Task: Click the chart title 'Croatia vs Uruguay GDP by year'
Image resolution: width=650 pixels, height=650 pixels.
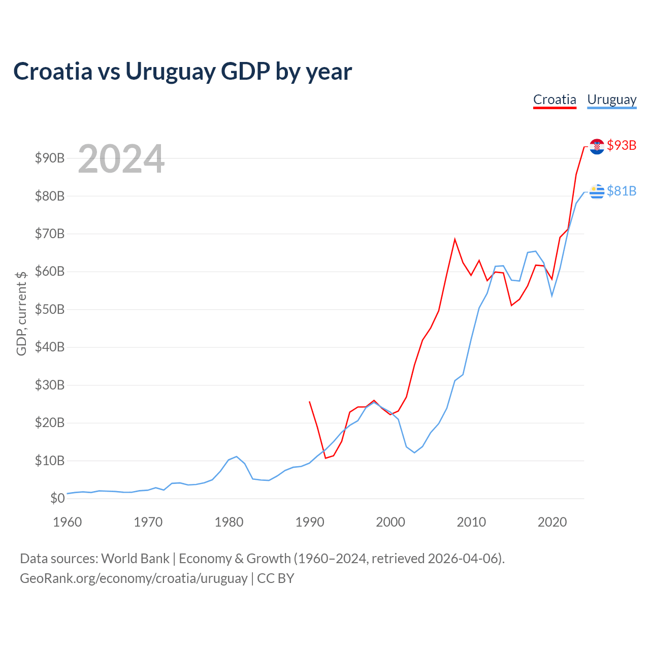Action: click(x=182, y=71)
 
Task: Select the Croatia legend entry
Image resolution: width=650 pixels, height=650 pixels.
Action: click(x=555, y=100)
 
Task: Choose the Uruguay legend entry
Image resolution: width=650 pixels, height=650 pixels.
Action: click(x=611, y=100)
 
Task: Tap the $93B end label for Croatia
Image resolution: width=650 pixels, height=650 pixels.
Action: click(x=622, y=145)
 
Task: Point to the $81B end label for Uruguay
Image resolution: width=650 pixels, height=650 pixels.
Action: click(x=622, y=191)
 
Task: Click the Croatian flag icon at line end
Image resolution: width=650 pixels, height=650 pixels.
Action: click(x=597, y=146)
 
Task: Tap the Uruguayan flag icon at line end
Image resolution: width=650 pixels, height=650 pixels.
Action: click(x=597, y=192)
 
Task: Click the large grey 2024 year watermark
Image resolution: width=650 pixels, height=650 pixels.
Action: click(x=121, y=159)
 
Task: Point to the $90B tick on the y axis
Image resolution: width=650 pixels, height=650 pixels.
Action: click(x=50, y=158)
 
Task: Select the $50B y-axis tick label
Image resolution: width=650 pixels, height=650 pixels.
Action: click(x=50, y=309)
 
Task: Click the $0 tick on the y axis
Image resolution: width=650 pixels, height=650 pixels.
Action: click(x=57, y=498)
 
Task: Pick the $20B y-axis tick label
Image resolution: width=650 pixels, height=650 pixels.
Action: click(x=50, y=422)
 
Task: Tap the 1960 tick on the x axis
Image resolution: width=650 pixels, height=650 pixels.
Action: click(x=68, y=522)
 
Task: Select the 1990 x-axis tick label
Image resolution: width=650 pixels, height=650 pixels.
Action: click(x=310, y=522)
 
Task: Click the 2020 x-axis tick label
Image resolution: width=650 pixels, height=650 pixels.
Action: click(x=552, y=522)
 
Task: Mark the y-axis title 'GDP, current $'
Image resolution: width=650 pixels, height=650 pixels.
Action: click(x=21, y=313)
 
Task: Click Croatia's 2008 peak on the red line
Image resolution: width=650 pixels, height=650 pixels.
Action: click(x=454, y=239)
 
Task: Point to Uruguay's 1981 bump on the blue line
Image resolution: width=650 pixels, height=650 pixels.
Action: click(x=237, y=457)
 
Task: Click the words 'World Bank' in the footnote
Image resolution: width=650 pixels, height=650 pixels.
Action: click(x=135, y=559)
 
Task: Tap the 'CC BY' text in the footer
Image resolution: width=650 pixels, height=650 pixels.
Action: click(x=276, y=578)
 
